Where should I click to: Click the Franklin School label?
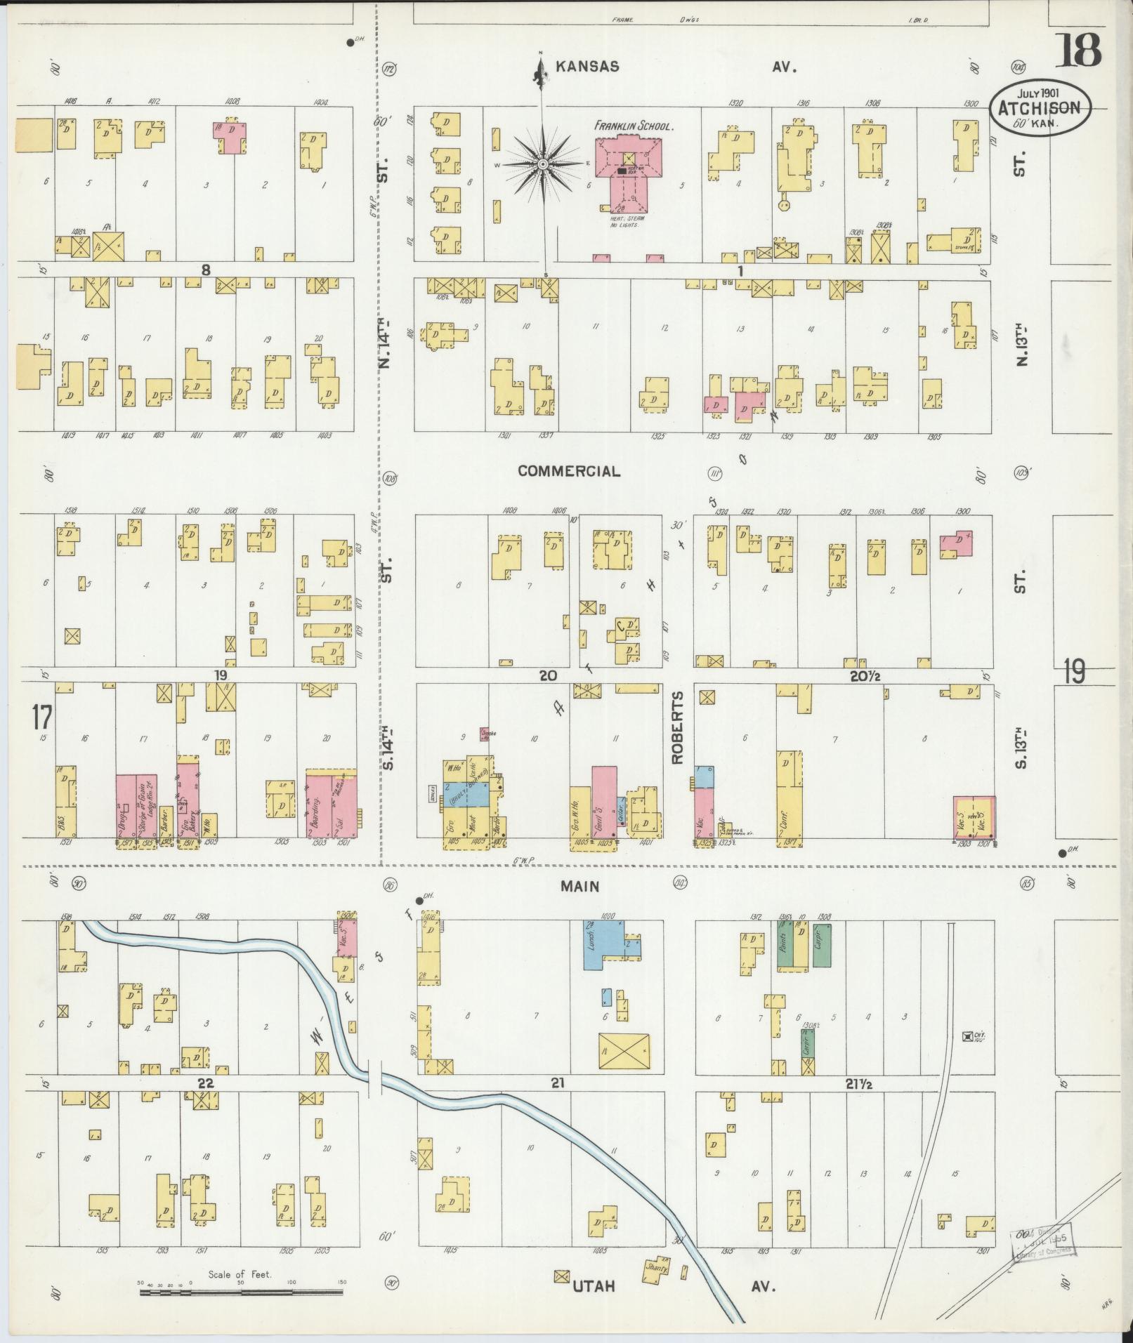(x=634, y=127)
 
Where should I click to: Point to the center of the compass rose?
(x=542, y=164)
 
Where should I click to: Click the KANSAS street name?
(x=587, y=67)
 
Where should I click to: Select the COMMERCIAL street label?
(x=569, y=471)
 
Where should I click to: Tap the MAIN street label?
(x=580, y=887)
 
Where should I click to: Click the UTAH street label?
(x=594, y=1287)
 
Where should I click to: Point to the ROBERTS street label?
(x=677, y=727)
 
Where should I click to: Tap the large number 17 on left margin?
(x=41, y=717)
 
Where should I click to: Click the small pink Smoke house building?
(x=485, y=734)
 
